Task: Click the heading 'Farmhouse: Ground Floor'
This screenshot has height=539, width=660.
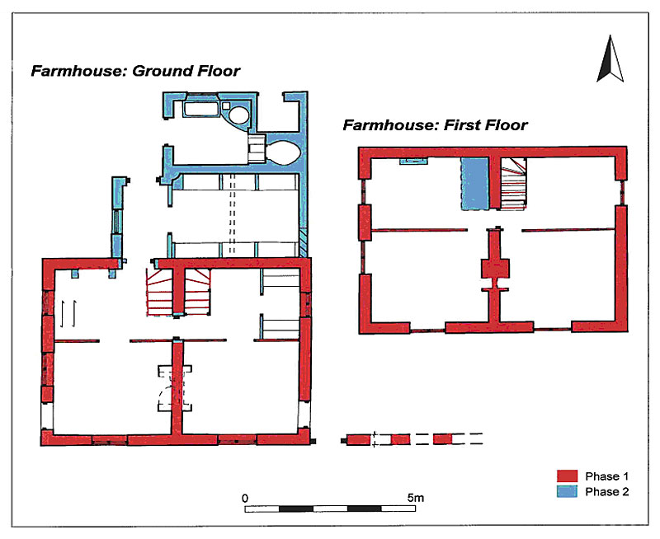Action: (135, 71)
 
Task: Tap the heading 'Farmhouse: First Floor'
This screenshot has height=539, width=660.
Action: (435, 125)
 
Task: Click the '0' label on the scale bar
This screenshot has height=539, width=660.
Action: (245, 499)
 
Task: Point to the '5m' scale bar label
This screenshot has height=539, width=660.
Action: (416, 499)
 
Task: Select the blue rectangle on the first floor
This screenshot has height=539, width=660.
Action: (474, 182)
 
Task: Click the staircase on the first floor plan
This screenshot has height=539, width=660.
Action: (512, 182)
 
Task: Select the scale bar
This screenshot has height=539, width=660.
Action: (331, 509)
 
